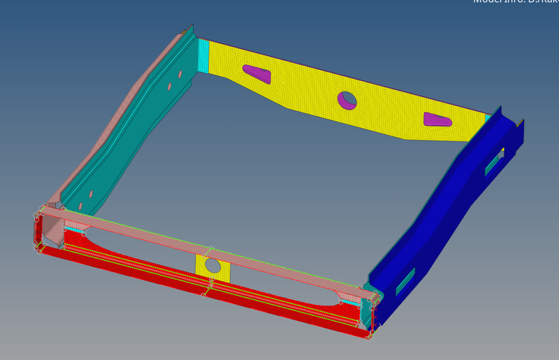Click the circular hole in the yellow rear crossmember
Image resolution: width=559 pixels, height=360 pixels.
347,101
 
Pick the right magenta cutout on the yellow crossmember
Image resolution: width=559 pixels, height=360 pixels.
437,120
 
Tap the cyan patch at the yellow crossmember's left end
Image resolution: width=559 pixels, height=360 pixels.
203,49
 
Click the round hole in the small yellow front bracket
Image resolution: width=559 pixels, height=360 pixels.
213,266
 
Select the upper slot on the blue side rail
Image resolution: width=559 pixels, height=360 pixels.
493,163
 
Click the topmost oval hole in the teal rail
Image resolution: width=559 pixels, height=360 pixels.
180,74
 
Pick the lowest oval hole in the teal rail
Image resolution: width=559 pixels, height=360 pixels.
80,206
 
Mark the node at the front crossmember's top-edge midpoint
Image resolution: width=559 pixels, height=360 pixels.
210,248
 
